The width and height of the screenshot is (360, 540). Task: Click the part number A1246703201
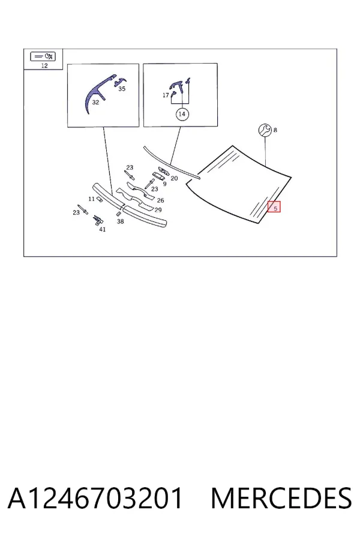pyautogui.click(x=95, y=498)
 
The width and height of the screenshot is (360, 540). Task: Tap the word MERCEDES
pyautogui.click(x=281, y=498)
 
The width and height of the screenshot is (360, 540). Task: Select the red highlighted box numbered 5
pyautogui.click(x=274, y=206)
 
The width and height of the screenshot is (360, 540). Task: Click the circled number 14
pyautogui.click(x=182, y=114)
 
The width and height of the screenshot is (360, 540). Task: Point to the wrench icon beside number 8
pyautogui.click(x=265, y=130)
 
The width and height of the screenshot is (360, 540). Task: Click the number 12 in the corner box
pyautogui.click(x=44, y=65)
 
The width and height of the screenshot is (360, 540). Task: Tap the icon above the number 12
pyautogui.click(x=43, y=56)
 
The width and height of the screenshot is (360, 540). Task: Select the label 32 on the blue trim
pyautogui.click(x=95, y=102)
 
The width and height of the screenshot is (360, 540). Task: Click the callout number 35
pyautogui.click(x=122, y=89)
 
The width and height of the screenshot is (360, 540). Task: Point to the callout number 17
pyautogui.click(x=166, y=95)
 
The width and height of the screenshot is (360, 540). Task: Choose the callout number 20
pyautogui.click(x=174, y=178)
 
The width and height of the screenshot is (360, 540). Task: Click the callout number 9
pyautogui.click(x=164, y=184)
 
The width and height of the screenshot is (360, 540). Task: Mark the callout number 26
pyautogui.click(x=161, y=200)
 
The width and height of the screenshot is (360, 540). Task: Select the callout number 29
pyautogui.click(x=158, y=210)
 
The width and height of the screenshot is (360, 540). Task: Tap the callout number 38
pyautogui.click(x=120, y=221)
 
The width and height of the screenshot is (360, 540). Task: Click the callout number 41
pyautogui.click(x=103, y=229)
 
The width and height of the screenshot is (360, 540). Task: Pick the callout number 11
pyautogui.click(x=91, y=199)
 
